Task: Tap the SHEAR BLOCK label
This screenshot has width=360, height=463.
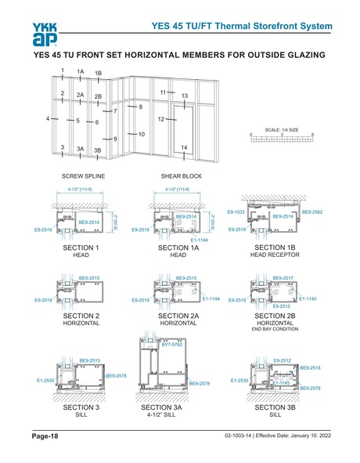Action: click(175, 176)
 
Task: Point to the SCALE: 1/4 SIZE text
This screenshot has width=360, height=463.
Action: click(282, 129)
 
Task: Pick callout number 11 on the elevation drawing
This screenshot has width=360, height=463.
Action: click(163, 92)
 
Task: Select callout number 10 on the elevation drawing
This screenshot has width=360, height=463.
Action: click(142, 134)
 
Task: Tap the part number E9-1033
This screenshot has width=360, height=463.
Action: click(236, 212)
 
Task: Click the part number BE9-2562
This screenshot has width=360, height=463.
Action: click(313, 212)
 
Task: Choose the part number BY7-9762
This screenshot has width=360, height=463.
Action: click(172, 343)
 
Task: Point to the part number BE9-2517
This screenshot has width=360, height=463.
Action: click(283, 278)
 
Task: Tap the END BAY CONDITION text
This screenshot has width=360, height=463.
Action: click(272, 330)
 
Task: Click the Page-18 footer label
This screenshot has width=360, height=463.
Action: click(45, 436)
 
